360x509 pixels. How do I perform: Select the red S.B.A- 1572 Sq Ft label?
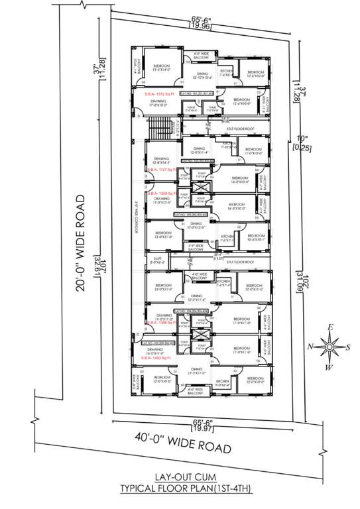point(159,95)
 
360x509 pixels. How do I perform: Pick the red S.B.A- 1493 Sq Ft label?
point(155,358)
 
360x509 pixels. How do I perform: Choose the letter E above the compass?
point(330,327)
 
